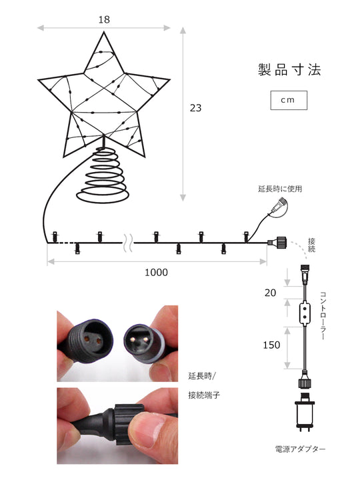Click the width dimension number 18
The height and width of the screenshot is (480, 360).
coord(104,19)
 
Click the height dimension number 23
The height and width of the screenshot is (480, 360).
coord(195,108)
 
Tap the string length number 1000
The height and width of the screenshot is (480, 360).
coord(156,272)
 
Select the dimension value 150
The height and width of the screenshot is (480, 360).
coord(271,345)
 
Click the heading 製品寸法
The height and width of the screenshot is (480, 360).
coord(289,70)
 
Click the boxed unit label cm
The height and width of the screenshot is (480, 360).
coord(289,100)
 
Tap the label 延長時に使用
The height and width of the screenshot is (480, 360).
coord(280,189)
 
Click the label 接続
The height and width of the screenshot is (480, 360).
coord(311,244)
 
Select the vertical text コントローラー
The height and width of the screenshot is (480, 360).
coord(323,315)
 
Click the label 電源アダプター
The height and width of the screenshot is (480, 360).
coord(300,449)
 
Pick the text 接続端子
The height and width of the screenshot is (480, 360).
coord(204,395)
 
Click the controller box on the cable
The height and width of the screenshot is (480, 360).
coord(304,312)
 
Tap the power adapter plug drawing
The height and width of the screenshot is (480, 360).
coord(304,413)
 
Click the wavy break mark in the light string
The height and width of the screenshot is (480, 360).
coord(127,241)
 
